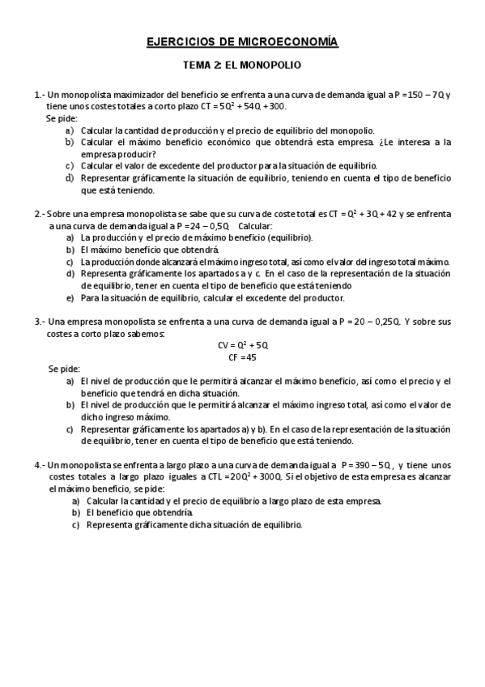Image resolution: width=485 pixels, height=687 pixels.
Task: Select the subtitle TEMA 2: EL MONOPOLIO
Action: (242, 65)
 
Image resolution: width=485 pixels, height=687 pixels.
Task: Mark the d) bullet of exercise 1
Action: (70, 178)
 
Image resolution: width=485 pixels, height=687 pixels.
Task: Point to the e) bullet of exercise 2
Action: (70, 297)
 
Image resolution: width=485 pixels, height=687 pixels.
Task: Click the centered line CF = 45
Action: (243, 356)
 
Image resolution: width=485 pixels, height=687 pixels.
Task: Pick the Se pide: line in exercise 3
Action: (64, 369)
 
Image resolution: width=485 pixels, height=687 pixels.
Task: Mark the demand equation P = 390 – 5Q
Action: (367, 465)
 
